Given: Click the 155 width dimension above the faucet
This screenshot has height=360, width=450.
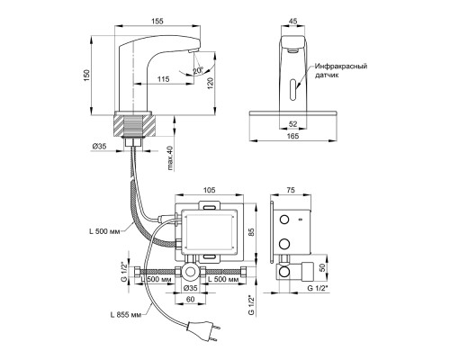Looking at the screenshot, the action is click(157, 21).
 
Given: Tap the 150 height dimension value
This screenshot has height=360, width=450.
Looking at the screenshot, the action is click(86, 76).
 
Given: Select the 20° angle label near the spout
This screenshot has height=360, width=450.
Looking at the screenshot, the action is click(198, 71).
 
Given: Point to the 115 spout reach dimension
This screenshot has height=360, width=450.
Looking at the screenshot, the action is click(164, 79).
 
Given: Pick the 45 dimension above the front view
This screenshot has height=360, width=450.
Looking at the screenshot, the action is click(292, 21).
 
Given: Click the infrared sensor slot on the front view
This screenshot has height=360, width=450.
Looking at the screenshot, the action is click(292, 89).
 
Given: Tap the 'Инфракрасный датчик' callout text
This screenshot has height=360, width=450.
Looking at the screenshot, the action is click(341, 70).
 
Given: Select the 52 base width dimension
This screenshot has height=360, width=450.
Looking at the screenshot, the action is click(293, 123).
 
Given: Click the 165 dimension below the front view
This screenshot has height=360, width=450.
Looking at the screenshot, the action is click(292, 136).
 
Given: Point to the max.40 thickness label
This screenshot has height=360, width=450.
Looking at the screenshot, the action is click(170, 158).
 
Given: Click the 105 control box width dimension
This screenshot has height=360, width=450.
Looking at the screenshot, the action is click(209, 190).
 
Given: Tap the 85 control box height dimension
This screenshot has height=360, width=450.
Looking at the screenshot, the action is click(251, 231).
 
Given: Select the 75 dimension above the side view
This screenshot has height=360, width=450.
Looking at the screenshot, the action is click(291, 190).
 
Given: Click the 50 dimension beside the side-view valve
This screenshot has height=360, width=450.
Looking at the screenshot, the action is click(322, 268).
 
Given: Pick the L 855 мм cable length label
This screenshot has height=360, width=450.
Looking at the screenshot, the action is click(125, 315).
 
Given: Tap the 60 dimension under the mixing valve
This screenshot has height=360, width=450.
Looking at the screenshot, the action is click(191, 299).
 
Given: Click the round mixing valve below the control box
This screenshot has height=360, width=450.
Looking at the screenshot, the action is click(190, 272).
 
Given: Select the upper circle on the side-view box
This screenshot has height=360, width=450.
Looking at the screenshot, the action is click(283, 220).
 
